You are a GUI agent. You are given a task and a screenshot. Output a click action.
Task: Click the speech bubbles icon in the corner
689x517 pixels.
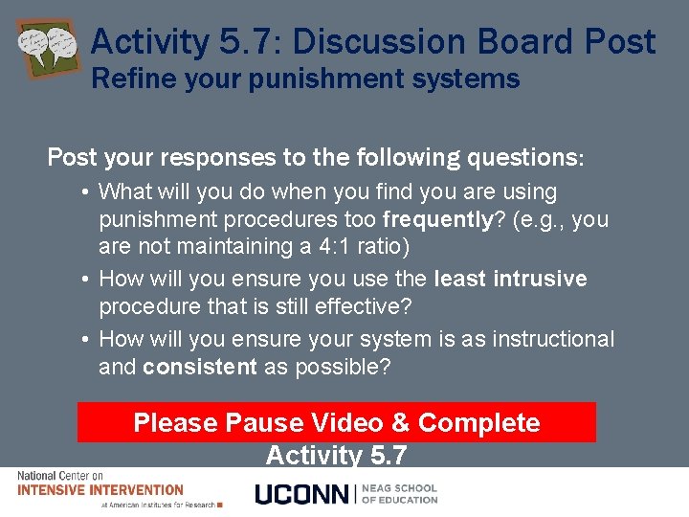tap(47, 47)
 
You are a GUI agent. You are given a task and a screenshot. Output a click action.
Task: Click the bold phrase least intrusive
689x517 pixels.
tap(510, 279)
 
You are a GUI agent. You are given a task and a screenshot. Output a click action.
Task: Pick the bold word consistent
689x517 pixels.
tap(200, 367)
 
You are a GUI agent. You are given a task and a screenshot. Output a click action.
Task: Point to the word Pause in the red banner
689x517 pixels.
tap(262, 423)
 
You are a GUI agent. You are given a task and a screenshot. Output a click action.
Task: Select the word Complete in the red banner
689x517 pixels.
tap(478, 423)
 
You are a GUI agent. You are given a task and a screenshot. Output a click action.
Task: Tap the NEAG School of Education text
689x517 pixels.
tap(399, 494)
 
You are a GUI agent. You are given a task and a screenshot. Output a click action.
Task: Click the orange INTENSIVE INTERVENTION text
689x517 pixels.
tap(100, 489)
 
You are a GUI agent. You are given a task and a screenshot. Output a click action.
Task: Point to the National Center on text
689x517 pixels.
tap(60, 476)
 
